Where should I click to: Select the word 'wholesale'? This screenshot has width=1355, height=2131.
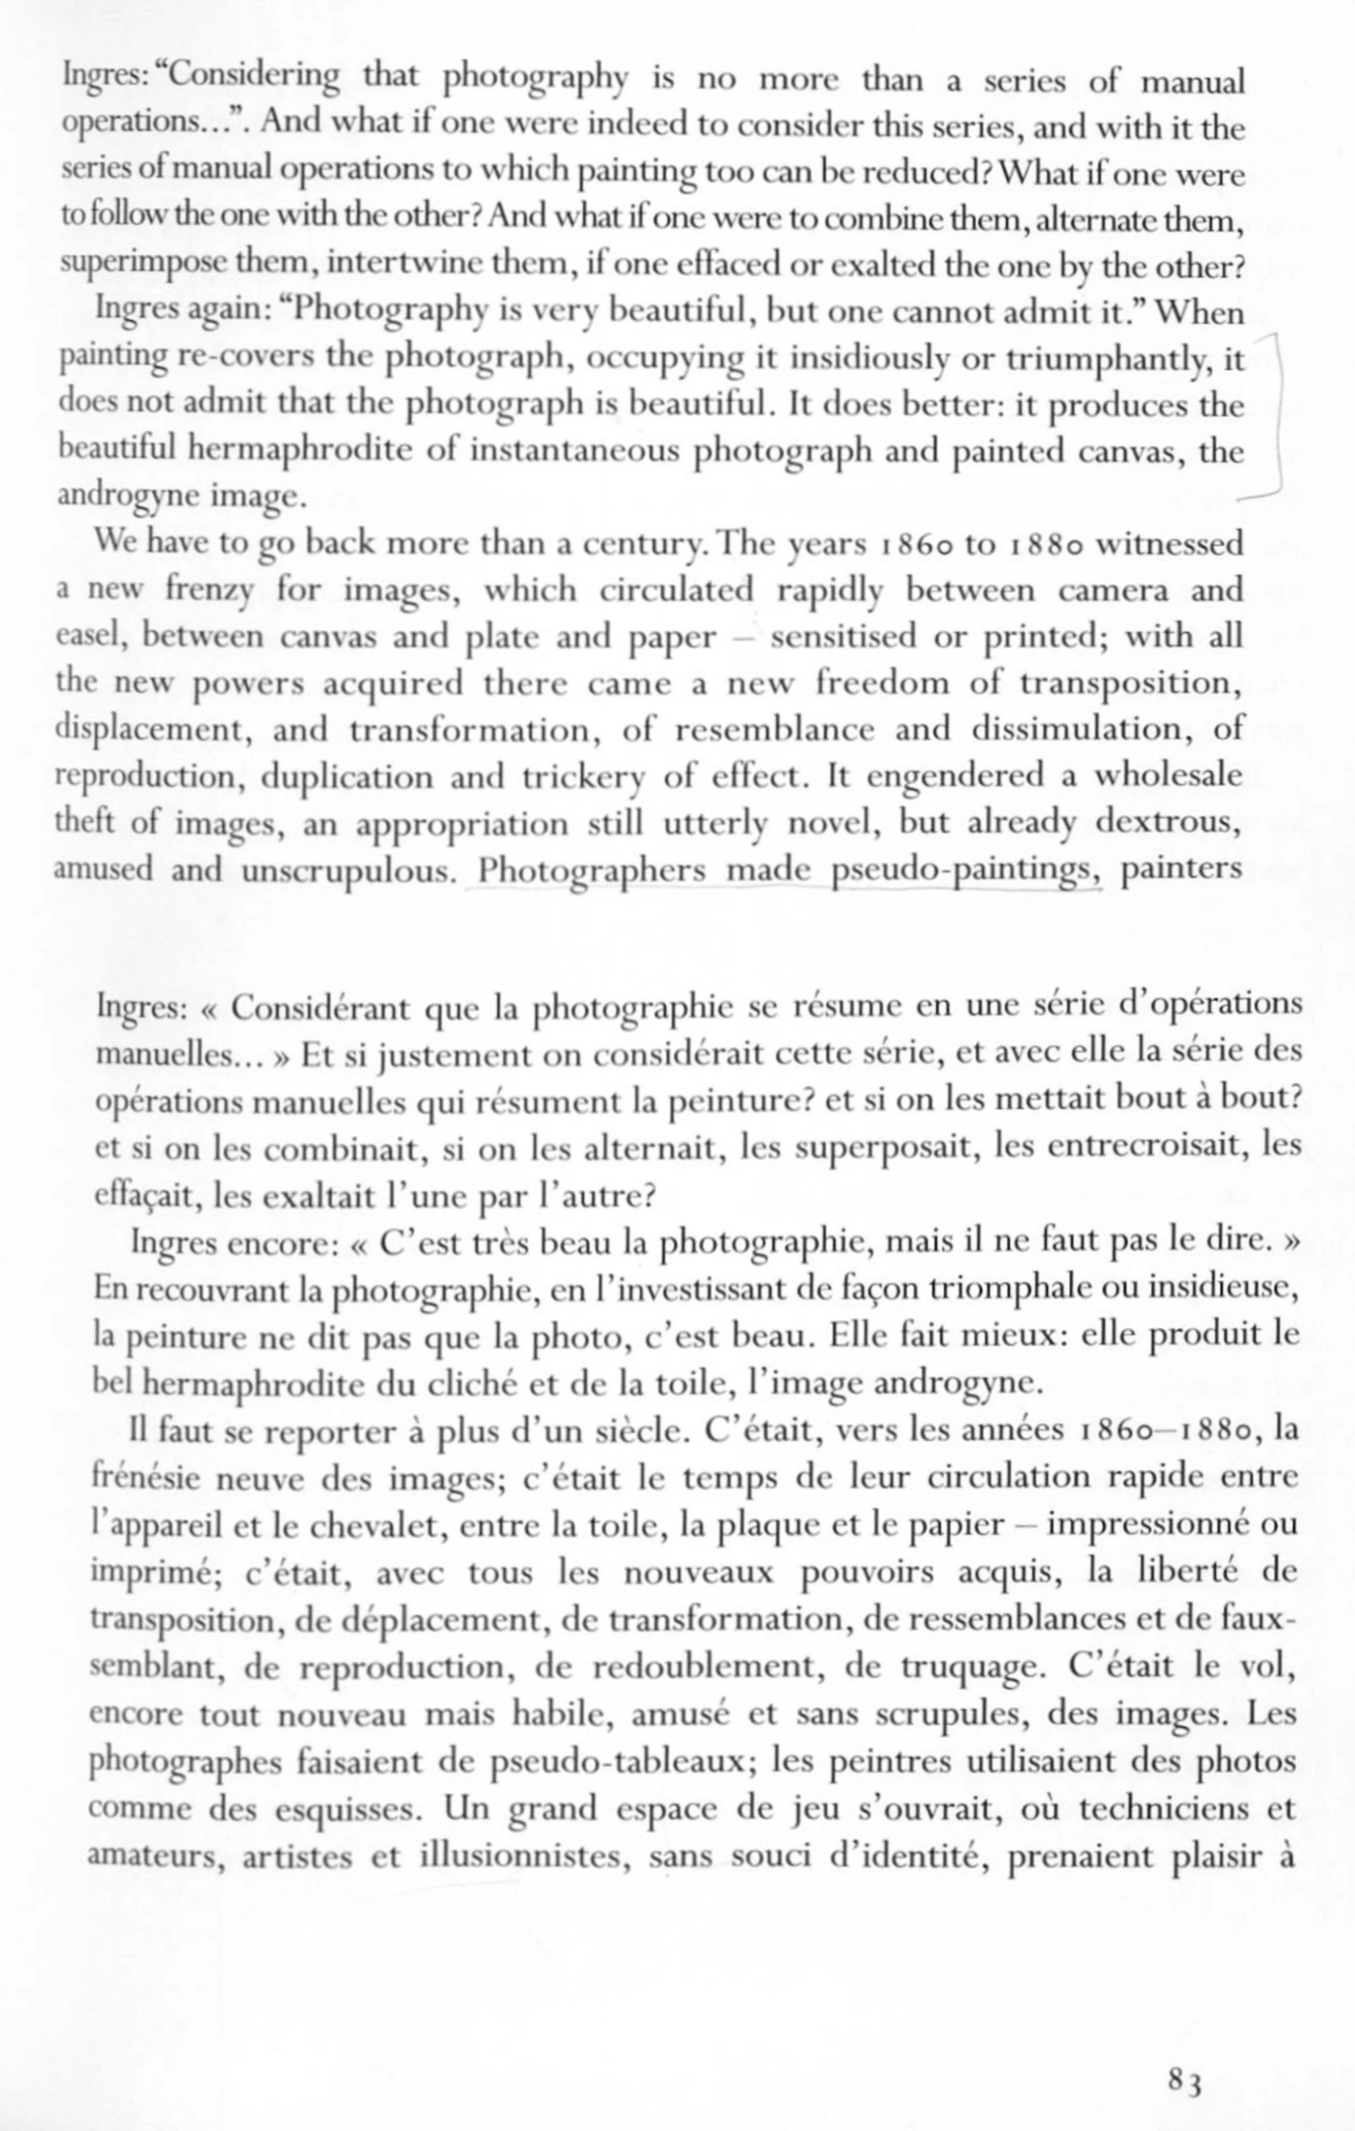(x=1168, y=775)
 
